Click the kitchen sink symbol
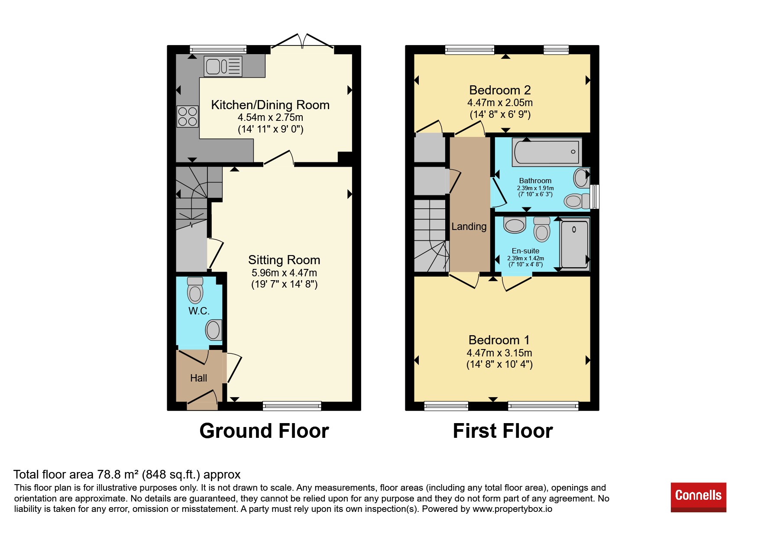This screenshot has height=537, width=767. point(223,67)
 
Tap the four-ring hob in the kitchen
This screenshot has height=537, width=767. point(188,116)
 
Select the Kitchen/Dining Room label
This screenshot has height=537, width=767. point(270,105)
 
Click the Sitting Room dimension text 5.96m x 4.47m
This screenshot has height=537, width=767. point(284,273)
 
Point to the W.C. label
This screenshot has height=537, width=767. point(199,311)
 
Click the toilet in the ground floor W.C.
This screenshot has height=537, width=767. point(195,290)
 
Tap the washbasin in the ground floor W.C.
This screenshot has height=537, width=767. point(214,330)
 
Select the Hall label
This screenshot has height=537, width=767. point(199,378)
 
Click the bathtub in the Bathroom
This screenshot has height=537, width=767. point(547,152)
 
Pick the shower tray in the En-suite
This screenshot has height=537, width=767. point(574,244)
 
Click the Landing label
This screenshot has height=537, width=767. point(469,226)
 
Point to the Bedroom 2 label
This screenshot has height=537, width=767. point(500,90)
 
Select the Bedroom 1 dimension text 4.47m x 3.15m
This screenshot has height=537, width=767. point(499,353)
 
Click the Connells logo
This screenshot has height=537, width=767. point(699,497)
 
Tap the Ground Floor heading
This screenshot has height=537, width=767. point(264,431)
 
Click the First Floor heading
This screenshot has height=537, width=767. point(503,431)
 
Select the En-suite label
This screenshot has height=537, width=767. point(525,251)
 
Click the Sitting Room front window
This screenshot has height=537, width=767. point(292,406)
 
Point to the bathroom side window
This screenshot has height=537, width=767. point(595,197)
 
